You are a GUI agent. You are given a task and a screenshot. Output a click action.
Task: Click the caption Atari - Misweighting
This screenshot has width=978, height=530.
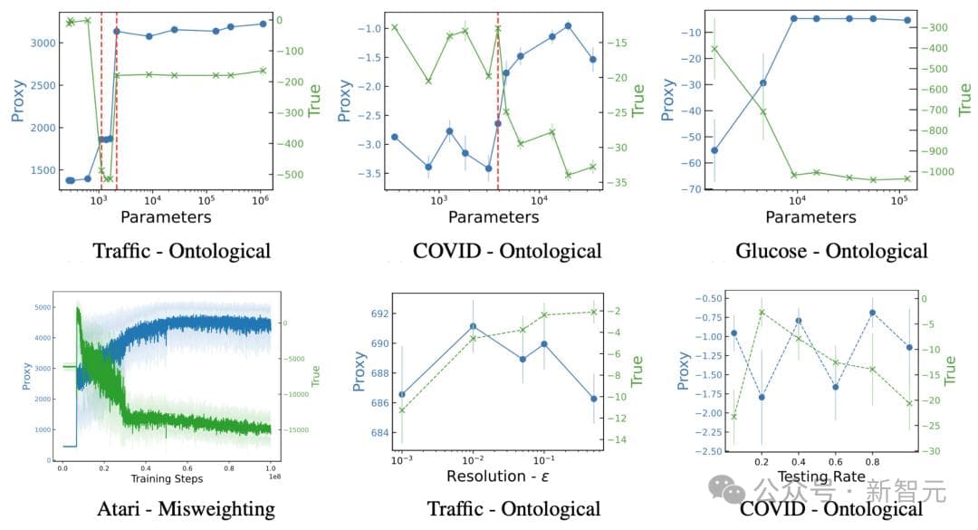click(186, 509)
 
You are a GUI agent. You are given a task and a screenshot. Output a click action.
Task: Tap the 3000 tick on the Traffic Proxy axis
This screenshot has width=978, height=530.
click(38, 43)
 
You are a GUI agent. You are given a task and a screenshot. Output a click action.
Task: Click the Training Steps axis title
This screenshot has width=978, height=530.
click(167, 478)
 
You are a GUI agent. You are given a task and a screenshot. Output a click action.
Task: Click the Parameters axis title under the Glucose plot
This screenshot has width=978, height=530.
click(810, 217)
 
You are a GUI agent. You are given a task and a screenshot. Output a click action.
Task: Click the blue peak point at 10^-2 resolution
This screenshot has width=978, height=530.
click(473, 326)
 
